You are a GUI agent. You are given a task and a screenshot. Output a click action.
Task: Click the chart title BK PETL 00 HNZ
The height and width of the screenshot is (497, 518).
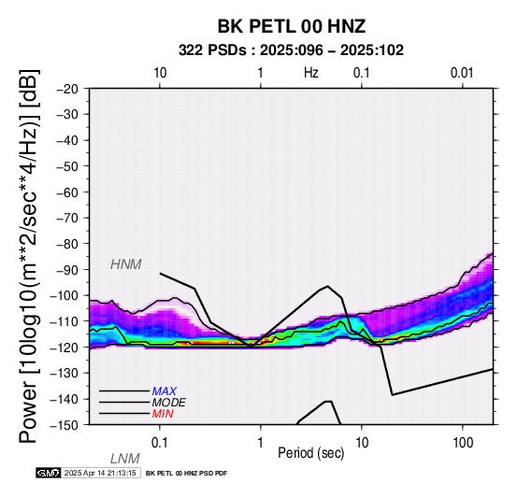pyautogui.click(x=292, y=26)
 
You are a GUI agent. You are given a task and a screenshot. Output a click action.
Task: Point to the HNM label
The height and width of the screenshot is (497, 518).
pyautogui.click(x=126, y=264)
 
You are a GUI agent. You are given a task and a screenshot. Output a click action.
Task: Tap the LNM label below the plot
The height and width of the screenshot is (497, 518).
pyautogui.click(x=125, y=459)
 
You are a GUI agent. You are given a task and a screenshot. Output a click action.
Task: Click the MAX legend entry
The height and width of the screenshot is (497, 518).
pyautogui.click(x=165, y=391)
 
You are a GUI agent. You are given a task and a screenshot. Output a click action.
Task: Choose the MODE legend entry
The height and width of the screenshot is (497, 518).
pyautogui.click(x=169, y=403)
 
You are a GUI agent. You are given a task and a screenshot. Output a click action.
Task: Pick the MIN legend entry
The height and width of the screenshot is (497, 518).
pyautogui.click(x=163, y=414)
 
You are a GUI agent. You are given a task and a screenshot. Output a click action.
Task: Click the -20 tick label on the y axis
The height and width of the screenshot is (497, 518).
pyautogui.click(x=67, y=89)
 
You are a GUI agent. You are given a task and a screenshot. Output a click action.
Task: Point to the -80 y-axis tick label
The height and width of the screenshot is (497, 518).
pyautogui.click(x=67, y=244)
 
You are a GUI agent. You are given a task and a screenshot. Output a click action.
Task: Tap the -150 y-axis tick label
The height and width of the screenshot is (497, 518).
pyautogui.click(x=65, y=425)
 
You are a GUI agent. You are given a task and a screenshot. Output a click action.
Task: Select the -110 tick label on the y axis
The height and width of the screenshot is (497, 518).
pyautogui.click(x=65, y=321)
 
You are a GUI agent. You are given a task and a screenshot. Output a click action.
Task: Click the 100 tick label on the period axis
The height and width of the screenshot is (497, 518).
pyautogui.click(x=463, y=443)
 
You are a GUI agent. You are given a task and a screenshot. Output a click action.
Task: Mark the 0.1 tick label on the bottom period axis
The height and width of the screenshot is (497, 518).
pyautogui.click(x=160, y=443)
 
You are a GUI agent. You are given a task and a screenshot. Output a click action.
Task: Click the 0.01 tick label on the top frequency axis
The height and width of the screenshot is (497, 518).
pyautogui.click(x=462, y=73)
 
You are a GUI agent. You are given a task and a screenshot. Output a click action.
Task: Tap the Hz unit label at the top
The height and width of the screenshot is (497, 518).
pyautogui.click(x=311, y=73)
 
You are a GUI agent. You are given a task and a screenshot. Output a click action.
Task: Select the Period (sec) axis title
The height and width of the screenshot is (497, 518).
pyautogui.click(x=310, y=453)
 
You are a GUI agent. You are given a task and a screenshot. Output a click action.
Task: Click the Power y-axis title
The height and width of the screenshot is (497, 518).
pyautogui.click(x=29, y=257)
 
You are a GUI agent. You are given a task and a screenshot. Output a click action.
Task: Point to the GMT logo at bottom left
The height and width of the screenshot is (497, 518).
pyautogui.click(x=49, y=473)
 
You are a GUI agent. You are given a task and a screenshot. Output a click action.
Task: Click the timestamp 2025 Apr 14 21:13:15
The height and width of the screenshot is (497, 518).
pyautogui.click(x=100, y=474)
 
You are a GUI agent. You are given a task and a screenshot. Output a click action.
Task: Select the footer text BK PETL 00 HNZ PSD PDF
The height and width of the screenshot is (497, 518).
pyautogui.click(x=187, y=474)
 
